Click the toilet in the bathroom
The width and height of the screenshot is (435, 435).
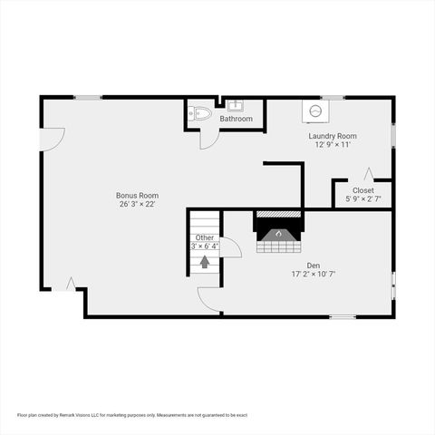[200, 113]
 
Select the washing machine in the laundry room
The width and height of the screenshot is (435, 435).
[315, 111]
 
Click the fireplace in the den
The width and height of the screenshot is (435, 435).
[279, 234]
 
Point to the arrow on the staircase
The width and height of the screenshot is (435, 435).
[205, 262]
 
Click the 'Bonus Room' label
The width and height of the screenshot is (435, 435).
[137, 195]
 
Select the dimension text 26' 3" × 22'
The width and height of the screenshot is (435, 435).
[137, 204]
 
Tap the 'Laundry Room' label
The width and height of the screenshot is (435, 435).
[332, 135]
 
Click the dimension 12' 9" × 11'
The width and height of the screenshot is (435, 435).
[332, 144]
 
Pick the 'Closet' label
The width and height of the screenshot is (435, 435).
[362, 190]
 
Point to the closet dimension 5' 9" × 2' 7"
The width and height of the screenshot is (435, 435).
[362, 199]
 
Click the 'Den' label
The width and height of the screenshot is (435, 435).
[314, 264]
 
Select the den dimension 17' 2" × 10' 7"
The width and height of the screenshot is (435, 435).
[314, 273]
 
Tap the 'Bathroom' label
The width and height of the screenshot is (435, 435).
[236, 119]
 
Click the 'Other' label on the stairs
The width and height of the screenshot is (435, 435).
[204, 237]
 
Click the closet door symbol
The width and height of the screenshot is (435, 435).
[369, 173]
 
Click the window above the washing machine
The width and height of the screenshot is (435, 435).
[333, 97]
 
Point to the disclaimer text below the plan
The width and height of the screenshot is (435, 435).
[131, 414]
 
